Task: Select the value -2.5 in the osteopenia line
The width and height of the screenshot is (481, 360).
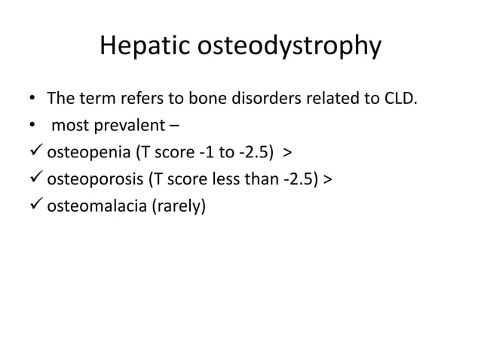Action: coord(254,155)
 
